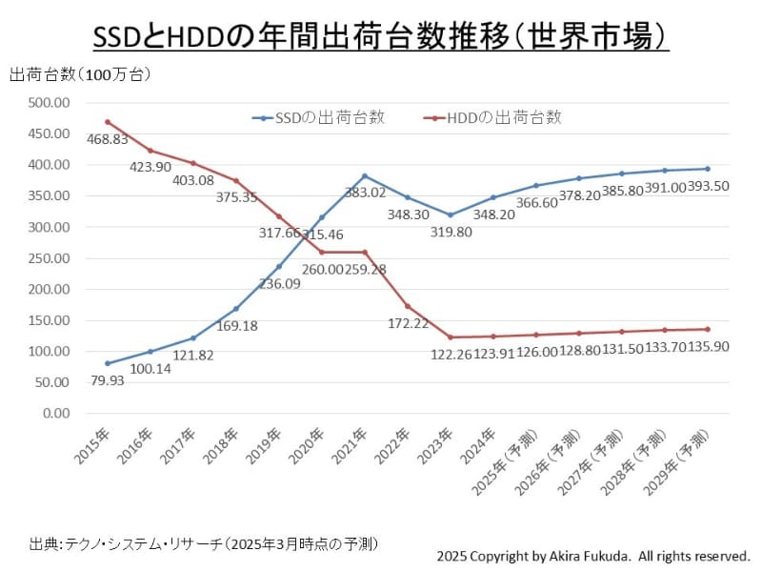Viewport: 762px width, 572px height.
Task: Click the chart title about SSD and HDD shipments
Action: click(x=381, y=35)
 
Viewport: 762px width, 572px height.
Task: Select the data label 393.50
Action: click(x=708, y=187)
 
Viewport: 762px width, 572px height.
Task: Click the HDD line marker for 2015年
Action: click(x=107, y=122)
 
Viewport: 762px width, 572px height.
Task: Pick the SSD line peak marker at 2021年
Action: click(x=364, y=175)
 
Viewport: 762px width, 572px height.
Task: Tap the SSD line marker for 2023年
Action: click(x=450, y=214)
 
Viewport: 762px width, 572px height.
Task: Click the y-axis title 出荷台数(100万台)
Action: click(x=80, y=74)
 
